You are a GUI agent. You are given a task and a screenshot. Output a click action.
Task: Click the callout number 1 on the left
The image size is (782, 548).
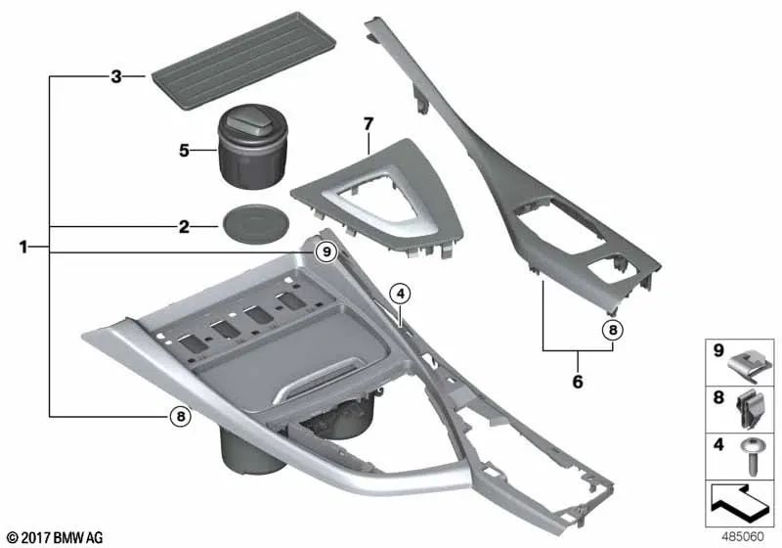click(x=24, y=249)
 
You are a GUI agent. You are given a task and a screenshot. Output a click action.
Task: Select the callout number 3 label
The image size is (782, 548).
click(x=115, y=75)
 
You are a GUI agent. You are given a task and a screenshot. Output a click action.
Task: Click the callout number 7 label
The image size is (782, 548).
click(x=368, y=124)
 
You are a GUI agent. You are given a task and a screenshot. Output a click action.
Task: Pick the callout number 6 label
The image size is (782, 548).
click(x=577, y=382)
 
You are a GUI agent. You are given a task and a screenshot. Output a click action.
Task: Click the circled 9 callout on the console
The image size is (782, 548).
click(x=326, y=252)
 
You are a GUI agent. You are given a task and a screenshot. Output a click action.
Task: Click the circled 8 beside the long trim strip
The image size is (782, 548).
click(x=612, y=330)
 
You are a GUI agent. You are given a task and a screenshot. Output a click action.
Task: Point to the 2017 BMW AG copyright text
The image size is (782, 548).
click(x=54, y=537)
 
